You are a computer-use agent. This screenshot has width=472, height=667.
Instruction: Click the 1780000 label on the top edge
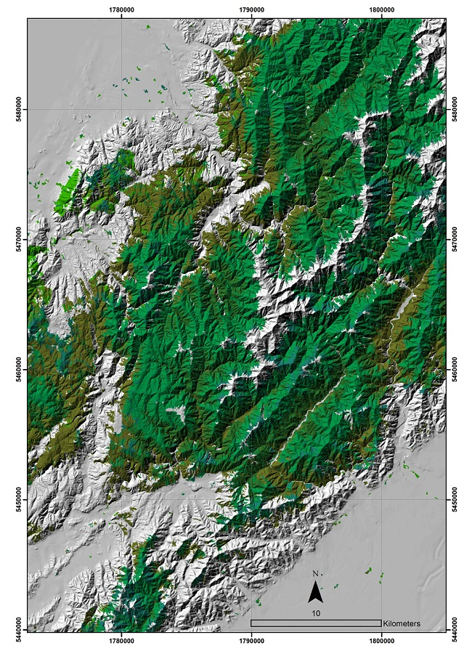(121, 10)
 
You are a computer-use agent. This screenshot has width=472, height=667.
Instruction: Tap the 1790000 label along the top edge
(251, 10)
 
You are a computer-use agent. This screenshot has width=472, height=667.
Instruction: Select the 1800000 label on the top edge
(381, 10)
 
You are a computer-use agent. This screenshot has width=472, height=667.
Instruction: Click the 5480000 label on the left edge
(21, 109)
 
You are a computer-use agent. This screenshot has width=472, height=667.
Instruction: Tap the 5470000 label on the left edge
(21, 239)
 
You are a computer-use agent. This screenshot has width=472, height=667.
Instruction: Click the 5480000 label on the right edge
(454, 109)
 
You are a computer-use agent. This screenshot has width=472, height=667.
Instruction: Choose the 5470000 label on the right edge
(454, 239)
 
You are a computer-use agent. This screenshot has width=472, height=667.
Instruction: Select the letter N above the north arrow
(315, 574)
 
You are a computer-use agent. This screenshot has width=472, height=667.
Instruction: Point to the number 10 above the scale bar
(316, 613)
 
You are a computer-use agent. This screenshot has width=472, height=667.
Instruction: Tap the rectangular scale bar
(316, 623)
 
